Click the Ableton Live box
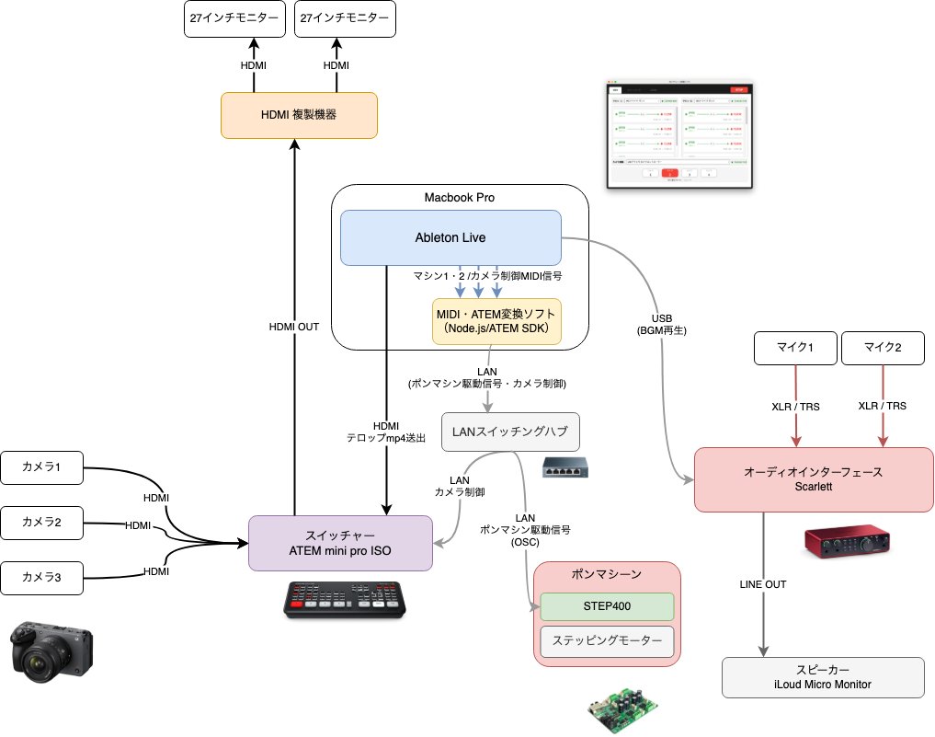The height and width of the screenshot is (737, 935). (x=450, y=237)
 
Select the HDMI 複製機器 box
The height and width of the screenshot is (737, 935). (x=299, y=115)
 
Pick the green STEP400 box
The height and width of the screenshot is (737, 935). (x=607, y=606)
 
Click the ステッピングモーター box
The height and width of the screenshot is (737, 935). (x=607, y=640)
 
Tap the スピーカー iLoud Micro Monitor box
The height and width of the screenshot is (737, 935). (x=822, y=677)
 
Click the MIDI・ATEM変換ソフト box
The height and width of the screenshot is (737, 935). (x=496, y=321)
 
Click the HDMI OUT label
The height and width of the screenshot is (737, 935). (x=294, y=326)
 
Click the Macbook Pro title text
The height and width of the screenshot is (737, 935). (x=459, y=197)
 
